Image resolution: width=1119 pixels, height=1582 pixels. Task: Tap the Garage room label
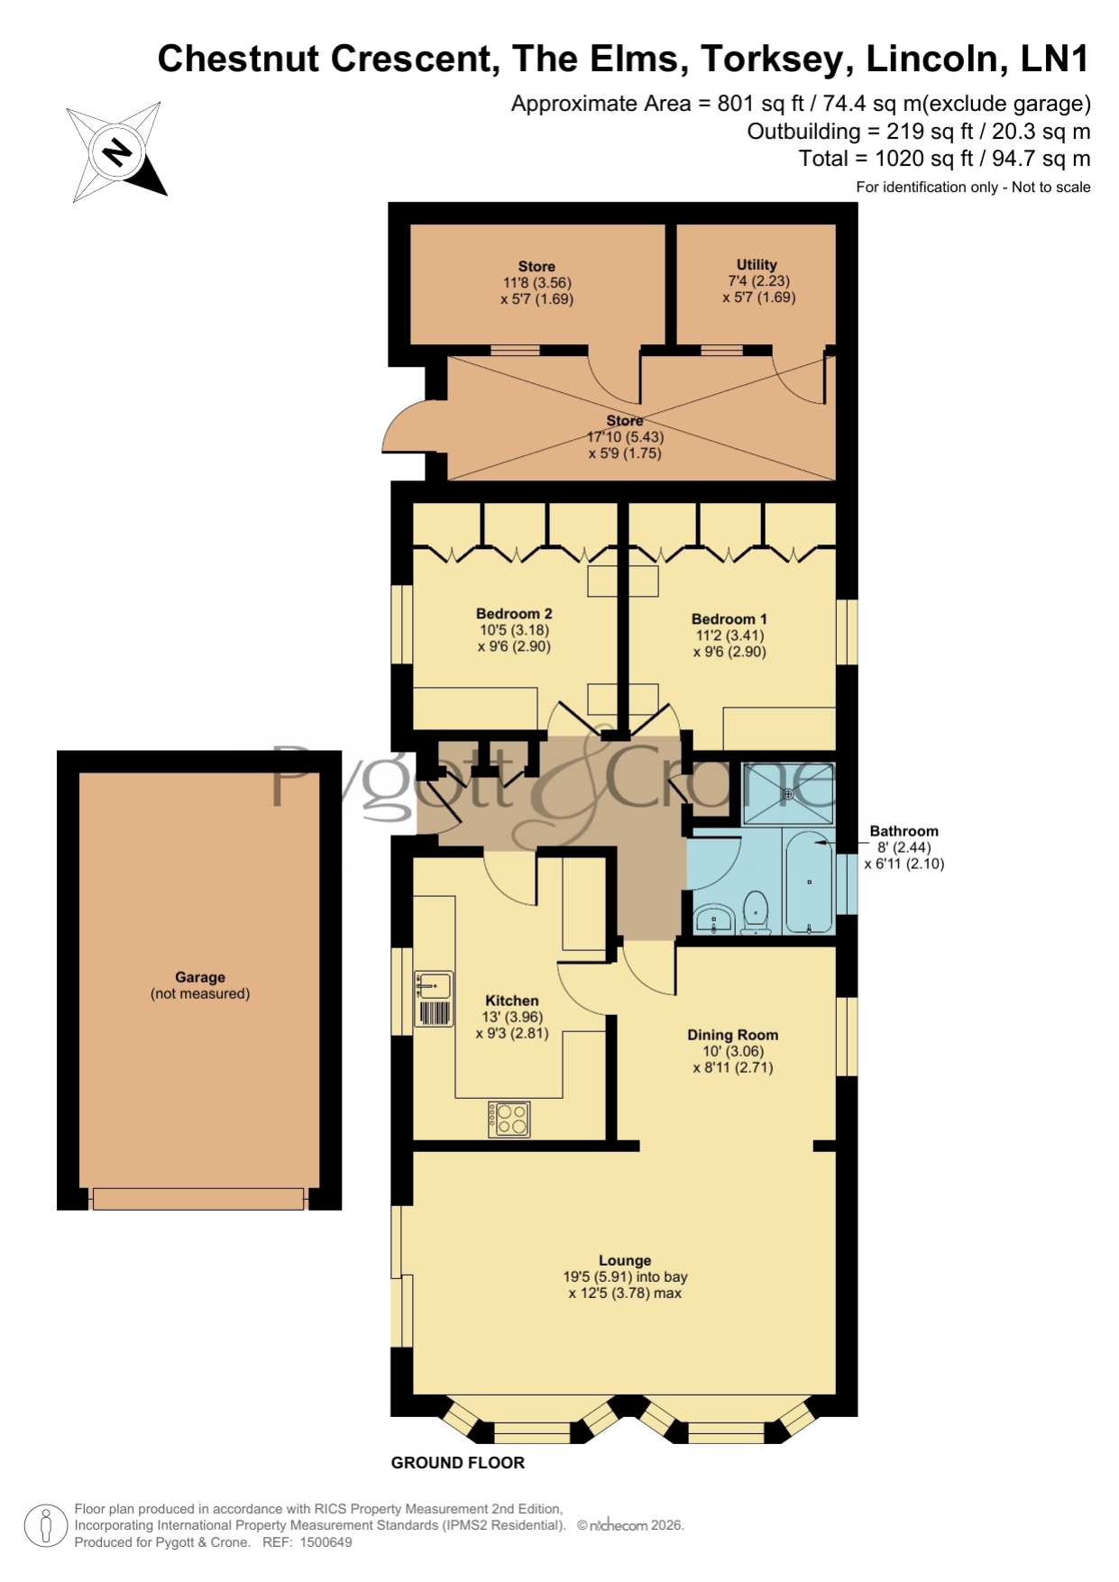(200, 977)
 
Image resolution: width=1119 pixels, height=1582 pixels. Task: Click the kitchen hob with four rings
(509, 1119)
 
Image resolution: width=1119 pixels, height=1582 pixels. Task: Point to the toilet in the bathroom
(754, 912)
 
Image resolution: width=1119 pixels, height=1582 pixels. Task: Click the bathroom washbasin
(714, 919)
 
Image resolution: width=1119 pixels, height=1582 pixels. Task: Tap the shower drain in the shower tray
(788, 794)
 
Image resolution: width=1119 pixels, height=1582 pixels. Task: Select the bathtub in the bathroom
(809, 882)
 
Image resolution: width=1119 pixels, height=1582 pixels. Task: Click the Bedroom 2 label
(514, 614)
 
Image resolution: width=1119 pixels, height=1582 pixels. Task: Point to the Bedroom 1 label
(729, 619)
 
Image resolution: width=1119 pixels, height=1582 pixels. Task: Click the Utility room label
(757, 265)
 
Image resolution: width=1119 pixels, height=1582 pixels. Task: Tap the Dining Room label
(732, 1035)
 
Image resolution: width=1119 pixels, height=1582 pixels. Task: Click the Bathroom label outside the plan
(903, 831)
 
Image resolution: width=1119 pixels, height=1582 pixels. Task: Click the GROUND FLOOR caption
(457, 1462)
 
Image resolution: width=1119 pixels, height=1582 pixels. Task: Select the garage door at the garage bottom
(198, 1199)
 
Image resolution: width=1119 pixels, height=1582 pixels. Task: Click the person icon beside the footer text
(45, 1525)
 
